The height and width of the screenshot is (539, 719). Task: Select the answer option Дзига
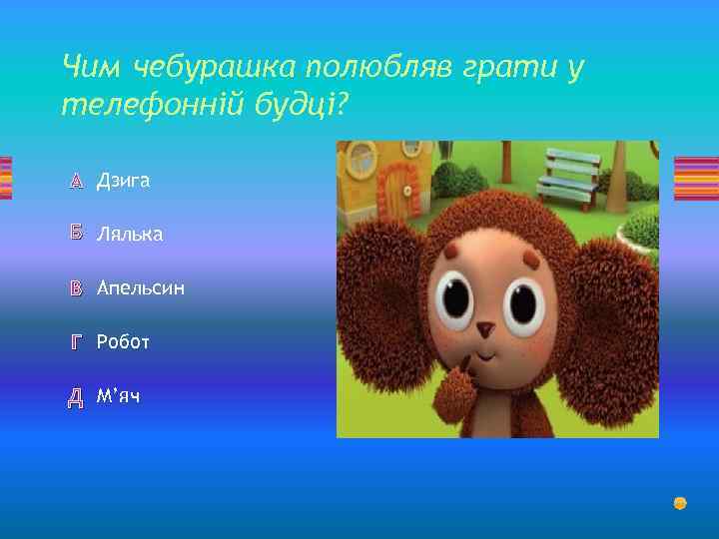[x=123, y=181]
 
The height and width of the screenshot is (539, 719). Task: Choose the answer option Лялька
[x=129, y=235]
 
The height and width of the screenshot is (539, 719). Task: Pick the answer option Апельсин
[x=140, y=288]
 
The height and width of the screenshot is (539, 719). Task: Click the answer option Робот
[x=123, y=342]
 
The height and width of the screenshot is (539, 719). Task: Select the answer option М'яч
[x=118, y=396]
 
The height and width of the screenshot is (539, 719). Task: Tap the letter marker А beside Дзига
[x=76, y=181]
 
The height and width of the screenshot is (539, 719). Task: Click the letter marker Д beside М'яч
[x=76, y=397]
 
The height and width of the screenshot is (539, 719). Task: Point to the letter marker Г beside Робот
[x=76, y=343]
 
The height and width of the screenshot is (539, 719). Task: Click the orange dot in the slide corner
[x=680, y=503]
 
